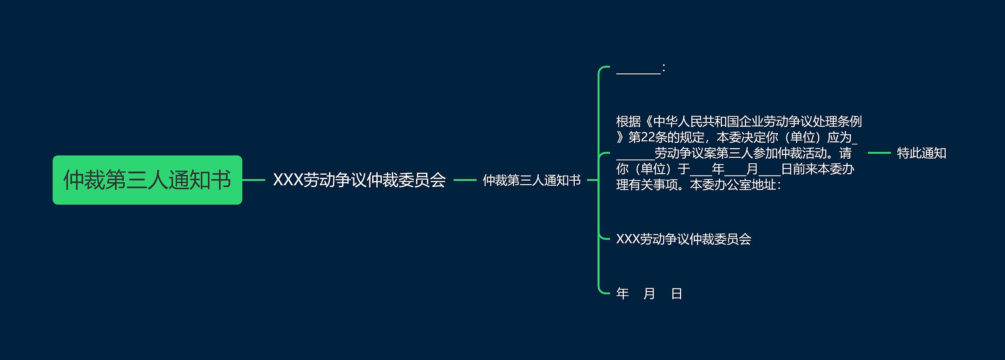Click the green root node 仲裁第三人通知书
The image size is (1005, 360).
pos(147,180)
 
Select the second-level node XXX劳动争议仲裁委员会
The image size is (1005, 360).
pos(359,180)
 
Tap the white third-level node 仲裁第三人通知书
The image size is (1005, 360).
pos(532,180)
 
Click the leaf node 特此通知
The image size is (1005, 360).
pos(921,153)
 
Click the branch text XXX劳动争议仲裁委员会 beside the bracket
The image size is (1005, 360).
pos(683,239)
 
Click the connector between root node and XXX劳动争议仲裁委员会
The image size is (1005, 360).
pos(254,180)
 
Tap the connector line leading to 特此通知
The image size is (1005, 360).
pos(879,153)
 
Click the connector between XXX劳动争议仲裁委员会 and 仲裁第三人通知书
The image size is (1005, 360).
pos(464,180)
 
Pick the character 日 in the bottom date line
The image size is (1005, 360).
pos(676,294)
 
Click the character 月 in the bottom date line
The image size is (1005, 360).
pos(649,294)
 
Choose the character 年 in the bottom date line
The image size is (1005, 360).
pos(623,294)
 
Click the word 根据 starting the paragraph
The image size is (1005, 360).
pos(628,122)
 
